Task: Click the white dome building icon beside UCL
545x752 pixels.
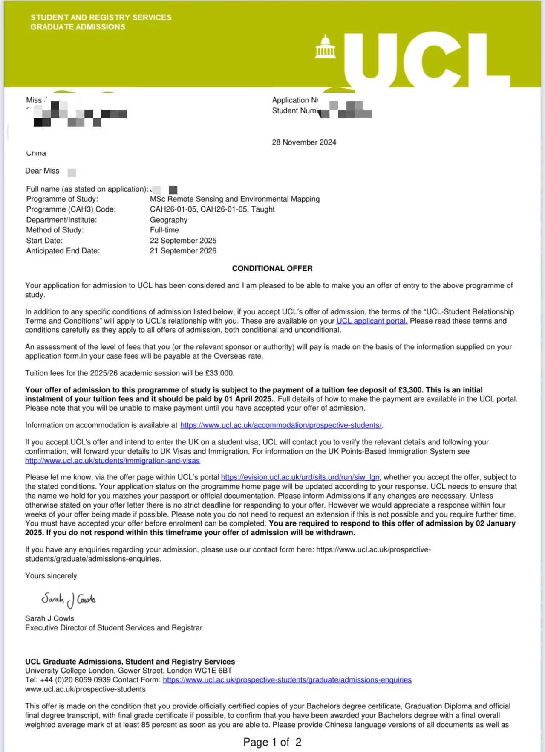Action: (325, 47)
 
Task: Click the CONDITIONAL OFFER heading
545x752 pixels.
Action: (272, 268)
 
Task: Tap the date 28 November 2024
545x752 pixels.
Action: (304, 142)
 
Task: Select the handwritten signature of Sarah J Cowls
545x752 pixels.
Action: (69, 599)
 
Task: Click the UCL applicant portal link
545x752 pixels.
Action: (372, 321)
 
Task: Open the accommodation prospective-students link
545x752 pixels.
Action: (281, 425)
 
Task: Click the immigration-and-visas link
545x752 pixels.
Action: (112, 461)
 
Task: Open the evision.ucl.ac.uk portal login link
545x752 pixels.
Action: (300, 477)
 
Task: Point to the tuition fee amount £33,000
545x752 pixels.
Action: (219, 373)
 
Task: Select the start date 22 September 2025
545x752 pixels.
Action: (183, 241)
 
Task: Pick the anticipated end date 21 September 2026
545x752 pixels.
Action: (183, 251)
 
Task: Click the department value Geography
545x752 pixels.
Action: (168, 220)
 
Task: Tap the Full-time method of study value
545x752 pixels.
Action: (164, 230)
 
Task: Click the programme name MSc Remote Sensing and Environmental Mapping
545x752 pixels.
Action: (234, 199)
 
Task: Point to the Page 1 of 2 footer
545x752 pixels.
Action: (272, 742)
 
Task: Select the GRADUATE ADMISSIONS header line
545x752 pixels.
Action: (78, 27)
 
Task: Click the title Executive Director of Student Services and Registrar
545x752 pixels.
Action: (113, 628)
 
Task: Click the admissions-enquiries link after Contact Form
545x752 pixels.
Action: (287, 680)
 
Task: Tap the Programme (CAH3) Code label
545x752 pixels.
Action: (71, 209)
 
